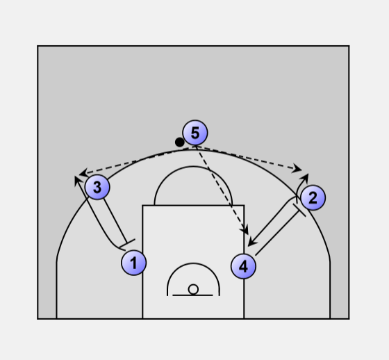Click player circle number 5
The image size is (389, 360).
(x=195, y=133)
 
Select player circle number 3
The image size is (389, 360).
(x=97, y=187)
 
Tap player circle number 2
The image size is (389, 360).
(x=313, y=197)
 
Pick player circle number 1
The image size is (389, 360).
(x=133, y=263)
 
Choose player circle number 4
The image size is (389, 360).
(x=243, y=266)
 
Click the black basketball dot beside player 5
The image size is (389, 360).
(x=180, y=142)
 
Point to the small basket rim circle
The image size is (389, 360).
(x=193, y=289)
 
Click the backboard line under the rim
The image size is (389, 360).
(x=192, y=295)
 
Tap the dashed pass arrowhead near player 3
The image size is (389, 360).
(x=83, y=173)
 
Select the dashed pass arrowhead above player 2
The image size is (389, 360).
(x=297, y=169)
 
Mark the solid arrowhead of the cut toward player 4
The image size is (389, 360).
(x=252, y=242)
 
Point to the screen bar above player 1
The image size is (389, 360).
(x=127, y=243)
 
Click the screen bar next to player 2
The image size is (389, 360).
(x=299, y=211)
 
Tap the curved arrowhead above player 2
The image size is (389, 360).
(x=305, y=177)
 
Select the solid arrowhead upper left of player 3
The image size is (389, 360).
(x=78, y=180)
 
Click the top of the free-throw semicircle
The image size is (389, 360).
(x=193, y=167)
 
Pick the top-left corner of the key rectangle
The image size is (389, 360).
(x=142, y=205)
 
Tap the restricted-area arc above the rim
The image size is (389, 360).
(x=193, y=263)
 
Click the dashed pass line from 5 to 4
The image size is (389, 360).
(x=221, y=190)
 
